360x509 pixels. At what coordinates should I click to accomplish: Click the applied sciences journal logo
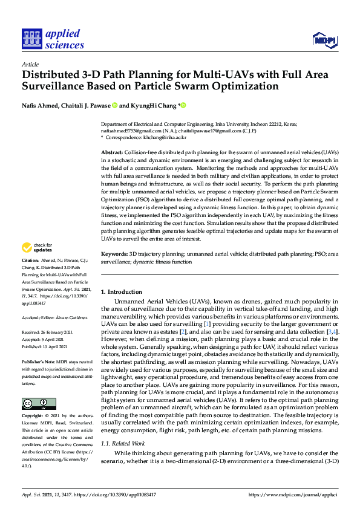53,40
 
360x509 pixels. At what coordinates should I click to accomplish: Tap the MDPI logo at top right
324,40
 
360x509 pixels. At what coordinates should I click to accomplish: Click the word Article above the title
30,64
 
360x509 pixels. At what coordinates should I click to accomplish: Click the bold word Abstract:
112,152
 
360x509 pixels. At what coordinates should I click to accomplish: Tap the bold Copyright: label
34,417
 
